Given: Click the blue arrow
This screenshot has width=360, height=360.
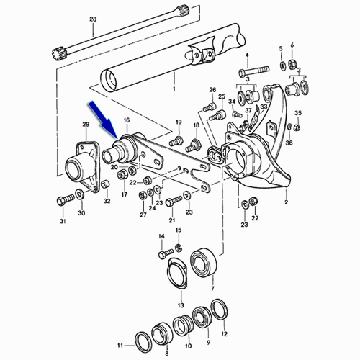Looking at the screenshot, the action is (104, 121).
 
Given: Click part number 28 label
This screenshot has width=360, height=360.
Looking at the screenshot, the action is (93, 19).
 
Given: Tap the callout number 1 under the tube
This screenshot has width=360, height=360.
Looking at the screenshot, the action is (174, 89).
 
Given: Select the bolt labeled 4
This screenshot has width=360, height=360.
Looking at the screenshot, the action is (254, 70).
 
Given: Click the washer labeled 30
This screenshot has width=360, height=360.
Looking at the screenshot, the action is (80, 194).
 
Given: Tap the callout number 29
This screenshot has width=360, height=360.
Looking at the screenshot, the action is (86, 125).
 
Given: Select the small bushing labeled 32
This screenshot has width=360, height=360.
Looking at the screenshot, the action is (106, 184).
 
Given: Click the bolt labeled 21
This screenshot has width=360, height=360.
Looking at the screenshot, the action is (174, 201).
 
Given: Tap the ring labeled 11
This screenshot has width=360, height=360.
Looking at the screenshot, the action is (143, 340).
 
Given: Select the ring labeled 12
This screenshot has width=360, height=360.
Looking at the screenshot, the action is (220, 310).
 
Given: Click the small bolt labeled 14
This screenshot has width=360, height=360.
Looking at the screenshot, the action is (166, 253).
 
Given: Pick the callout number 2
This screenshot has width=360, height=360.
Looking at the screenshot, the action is (286, 202).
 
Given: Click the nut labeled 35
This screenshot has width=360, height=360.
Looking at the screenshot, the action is (297, 127).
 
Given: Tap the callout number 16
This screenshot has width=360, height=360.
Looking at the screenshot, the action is (127, 120).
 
